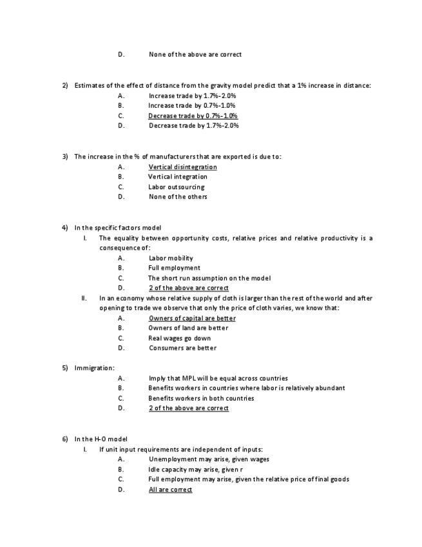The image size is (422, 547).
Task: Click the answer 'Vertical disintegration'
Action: tap(182, 167)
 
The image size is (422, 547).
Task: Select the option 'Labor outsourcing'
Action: tap(176, 187)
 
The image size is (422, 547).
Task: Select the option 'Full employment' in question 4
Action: tap(174, 268)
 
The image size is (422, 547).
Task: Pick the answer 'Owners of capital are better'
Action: tap(192, 318)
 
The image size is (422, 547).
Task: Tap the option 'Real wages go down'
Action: tap(179, 338)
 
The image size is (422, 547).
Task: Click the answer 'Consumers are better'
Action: tap(182, 348)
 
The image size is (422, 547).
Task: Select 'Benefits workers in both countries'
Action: tap(201, 398)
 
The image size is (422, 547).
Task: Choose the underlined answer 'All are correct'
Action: tap(170, 490)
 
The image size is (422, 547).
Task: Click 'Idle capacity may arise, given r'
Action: tap(195, 470)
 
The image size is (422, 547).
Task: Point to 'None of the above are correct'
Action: tap(195, 54)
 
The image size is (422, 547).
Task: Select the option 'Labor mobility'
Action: tap(171, 258)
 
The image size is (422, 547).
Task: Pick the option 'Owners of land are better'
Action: tap(188, 328)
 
